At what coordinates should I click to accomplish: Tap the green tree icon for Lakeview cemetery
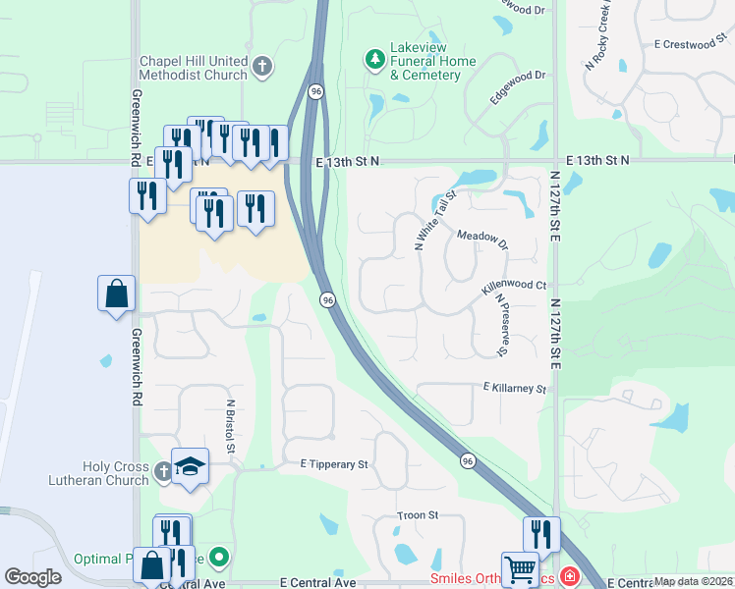pyautogui.click(x=374, y=61)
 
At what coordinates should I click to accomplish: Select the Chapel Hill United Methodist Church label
pyautogui.click(x=193, y=67)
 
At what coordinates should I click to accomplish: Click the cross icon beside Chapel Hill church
pyautogui.click(x=261, y=67)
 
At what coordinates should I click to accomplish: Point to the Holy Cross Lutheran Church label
pyautogui.click(x=100, y=473)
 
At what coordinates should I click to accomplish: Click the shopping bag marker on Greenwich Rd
pyautogui.click(x=116, y=293)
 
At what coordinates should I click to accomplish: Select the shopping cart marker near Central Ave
pyautogui.click(x=521, y=569)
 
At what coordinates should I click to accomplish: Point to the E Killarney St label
pyautogui.click(x=514, y=389)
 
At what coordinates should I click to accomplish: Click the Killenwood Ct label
pyautogui.click(x=513, y=286)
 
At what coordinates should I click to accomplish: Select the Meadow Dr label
pyautogui.click(x=481, y=239)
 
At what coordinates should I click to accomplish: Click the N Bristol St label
pyautogui.click(x=231, y=425)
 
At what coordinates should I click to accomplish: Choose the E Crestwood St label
pyautogui.click(x=688, y=45)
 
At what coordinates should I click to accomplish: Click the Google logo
pyautogui.click(x=32, y=577)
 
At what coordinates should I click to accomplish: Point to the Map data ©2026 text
pyautogui.click(x=693, y=581)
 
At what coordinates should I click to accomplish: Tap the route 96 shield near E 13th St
pyautogui.click(x=315, y=90)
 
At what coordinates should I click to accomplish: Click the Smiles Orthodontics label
pyautogui.click(x=491, y=578)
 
